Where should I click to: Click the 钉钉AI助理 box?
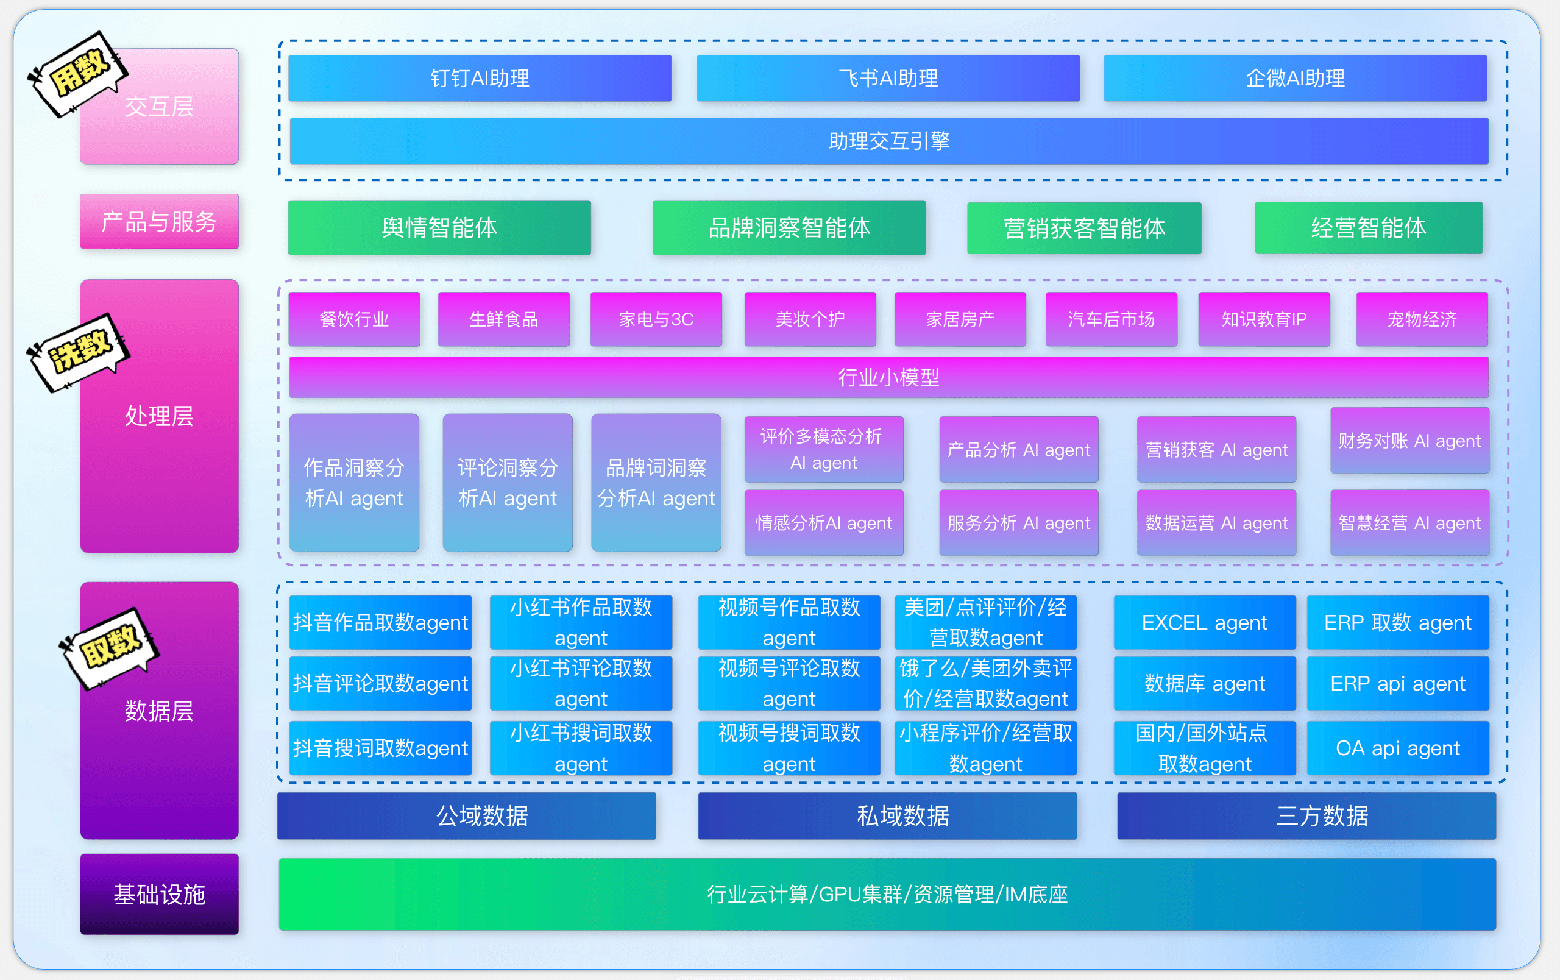[x=480, y=79]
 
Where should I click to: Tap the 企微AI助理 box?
[x=1294, y=79]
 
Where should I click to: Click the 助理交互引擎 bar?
[x=889, y=141]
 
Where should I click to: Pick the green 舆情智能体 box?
[x=439, y=227]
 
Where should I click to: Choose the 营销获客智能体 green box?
[x=1084, y=228]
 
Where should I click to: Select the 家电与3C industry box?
[x=656, y=319]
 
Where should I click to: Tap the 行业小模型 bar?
[x=889, y=377]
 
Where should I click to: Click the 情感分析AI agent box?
[x=823, y=522]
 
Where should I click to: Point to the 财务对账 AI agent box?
[x=1409, y=441]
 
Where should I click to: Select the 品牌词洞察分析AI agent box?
[x=656, y=483]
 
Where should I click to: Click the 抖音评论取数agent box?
[x=380, y=683]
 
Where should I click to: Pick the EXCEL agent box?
[x=1204, y=622]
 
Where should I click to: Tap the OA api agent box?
[x=1397, y=748]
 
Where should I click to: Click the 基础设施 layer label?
[x=160, y=894]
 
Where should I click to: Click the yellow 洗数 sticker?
[x=79, y=352]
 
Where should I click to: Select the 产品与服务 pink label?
[x=160, y=221]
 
